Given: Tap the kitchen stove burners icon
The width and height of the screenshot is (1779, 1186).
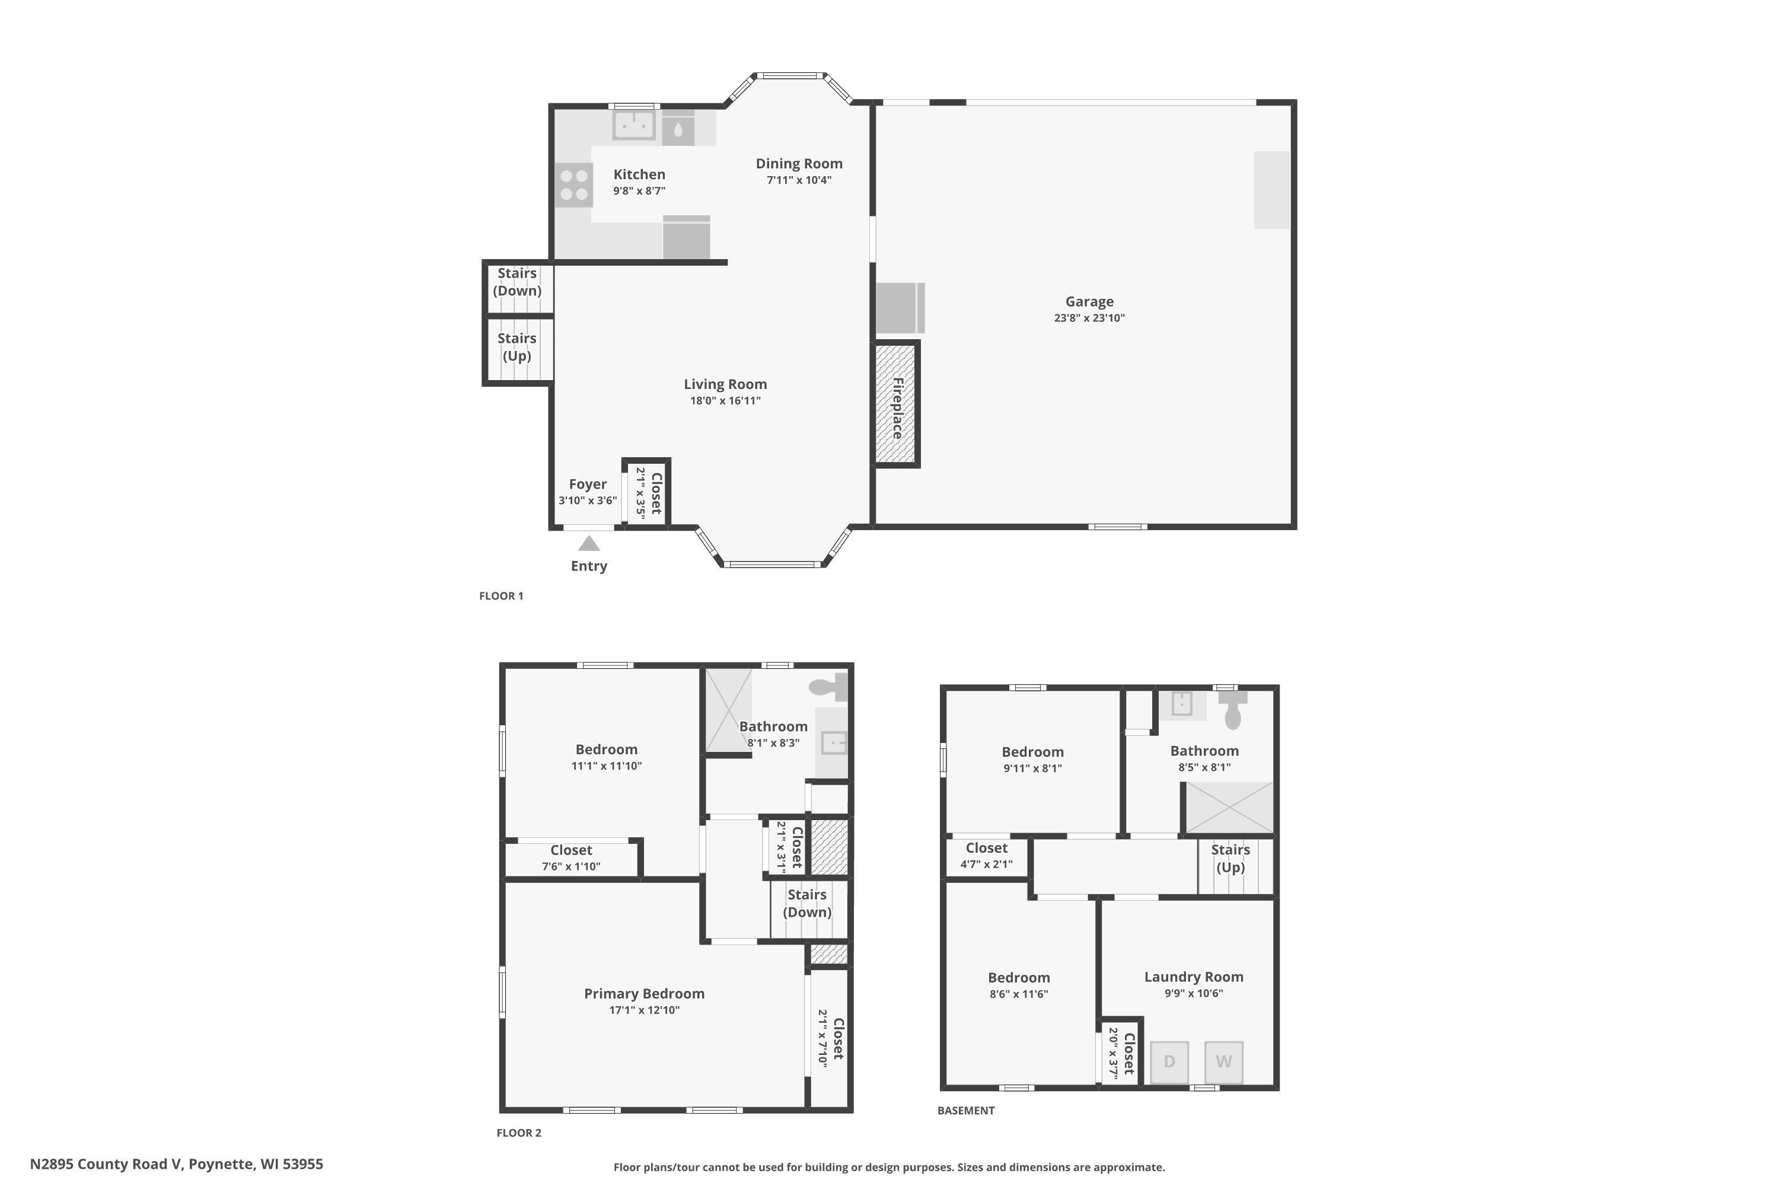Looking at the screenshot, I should click(574, 185).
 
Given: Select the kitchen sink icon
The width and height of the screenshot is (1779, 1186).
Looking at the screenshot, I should click(633, 126).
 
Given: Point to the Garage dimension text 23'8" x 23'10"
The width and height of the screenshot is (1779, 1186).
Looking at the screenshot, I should click(1089, 318).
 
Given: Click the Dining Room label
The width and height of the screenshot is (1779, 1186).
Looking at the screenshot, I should click(799, 164).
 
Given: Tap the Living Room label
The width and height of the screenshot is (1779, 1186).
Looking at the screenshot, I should click(725, 384).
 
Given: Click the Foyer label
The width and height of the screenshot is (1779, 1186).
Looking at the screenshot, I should click(588, 484).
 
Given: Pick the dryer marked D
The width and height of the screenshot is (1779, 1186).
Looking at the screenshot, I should click(1169, 1062).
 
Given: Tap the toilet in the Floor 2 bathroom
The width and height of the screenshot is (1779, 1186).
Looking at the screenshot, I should click(828, 686).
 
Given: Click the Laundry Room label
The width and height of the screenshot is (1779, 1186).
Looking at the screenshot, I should click(1194, 977).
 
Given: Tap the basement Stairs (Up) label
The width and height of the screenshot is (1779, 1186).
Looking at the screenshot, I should click(1230, 859).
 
